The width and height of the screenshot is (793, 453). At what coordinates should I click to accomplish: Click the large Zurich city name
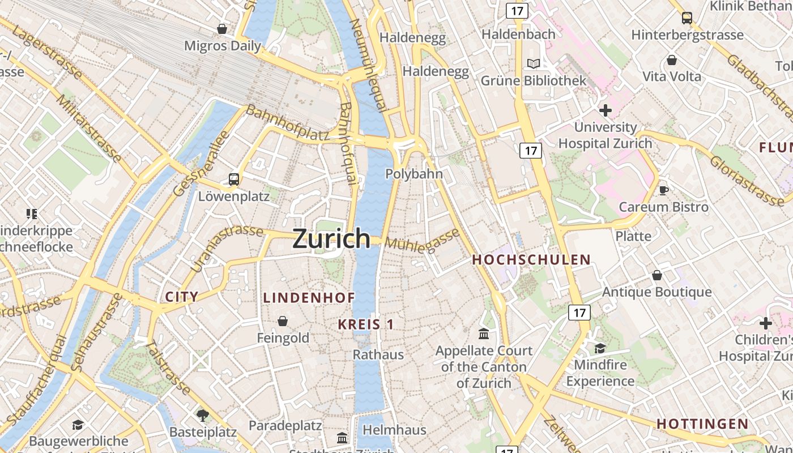pyautogui.click(x=331, y=239)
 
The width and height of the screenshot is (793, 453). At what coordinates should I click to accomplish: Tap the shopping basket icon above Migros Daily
pyautogui.click(x=223, y=28)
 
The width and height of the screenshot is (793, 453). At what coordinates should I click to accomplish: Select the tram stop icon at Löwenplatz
pyautogui.click(x=233, y=180)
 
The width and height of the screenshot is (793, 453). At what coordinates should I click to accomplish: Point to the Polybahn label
pyautogui.click(x=413, y=174)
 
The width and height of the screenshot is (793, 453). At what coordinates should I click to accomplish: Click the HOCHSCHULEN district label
pyautogui.click(x=531, y=260)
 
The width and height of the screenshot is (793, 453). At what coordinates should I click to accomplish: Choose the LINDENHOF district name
pyautogui.click(x=309, y=297)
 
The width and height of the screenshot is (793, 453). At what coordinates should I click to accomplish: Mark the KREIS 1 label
pyautogui.click(x=365, y=324)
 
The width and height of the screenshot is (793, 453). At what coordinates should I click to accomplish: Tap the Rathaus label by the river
pyautogui.click(x=378, y=355)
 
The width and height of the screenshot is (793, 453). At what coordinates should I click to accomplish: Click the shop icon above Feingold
pyautogui.click(x=283, y=322)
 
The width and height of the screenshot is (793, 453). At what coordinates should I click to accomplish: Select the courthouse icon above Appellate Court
pyautogui.click(x=484, y=334)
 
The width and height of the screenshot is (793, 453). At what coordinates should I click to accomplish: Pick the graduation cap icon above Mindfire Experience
pyautogui.click(x=600, y=348)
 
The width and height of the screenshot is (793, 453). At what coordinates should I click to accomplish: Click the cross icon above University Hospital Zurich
pyautogui.click(x=605, y=110)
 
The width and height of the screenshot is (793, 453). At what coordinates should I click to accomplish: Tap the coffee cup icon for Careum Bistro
pyautogui.click(x=663, y=190)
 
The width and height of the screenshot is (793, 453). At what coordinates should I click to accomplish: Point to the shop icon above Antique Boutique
pyautogui.click(x=656, y=275)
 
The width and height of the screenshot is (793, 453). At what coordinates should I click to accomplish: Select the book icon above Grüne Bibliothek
pyautogui.click(x=533, y=63)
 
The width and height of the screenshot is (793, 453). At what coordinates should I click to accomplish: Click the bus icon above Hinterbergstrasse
pyautogui.click(x=687, y=18)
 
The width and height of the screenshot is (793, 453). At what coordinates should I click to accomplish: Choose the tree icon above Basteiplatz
pyautogui.click(x=202, y=415)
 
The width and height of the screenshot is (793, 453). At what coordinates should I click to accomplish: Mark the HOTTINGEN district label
pyautogui.click(x=702, y=424)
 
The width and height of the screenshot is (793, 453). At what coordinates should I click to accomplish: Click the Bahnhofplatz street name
pyautogui.click(x=287, y=123)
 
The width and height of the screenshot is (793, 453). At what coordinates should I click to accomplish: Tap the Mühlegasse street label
pyautogui.click(x=422, y=240)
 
